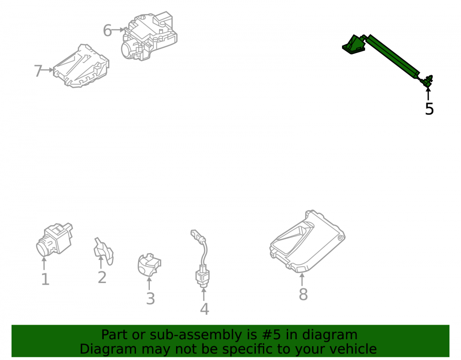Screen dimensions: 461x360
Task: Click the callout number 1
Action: (x=45, y=279)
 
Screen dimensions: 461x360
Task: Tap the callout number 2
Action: (x=102, y=277)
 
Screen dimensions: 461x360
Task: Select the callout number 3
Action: (x=150, y=299)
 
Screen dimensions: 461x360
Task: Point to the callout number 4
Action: (x=204, y=309)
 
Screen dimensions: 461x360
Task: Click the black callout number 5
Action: (x=429, y=109)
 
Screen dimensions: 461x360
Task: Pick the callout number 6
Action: (x=107, y=30)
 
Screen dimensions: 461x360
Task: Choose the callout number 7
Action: (x=38, y=71)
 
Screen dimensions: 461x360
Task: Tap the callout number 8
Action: (x=303, y=294)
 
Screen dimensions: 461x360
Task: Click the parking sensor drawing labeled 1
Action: (x=54, y=239)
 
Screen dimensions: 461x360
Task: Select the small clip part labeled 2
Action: (x=103, y=251)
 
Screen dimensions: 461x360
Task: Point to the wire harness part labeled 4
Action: (x=201, y=258)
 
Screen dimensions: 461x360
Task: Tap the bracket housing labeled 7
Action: (x=81, y=66)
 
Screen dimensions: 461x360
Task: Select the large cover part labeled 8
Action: (x=307, y=241)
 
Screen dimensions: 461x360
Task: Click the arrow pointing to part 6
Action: (x=118, y=30)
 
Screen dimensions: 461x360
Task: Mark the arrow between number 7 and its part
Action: (x=47, y=70)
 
